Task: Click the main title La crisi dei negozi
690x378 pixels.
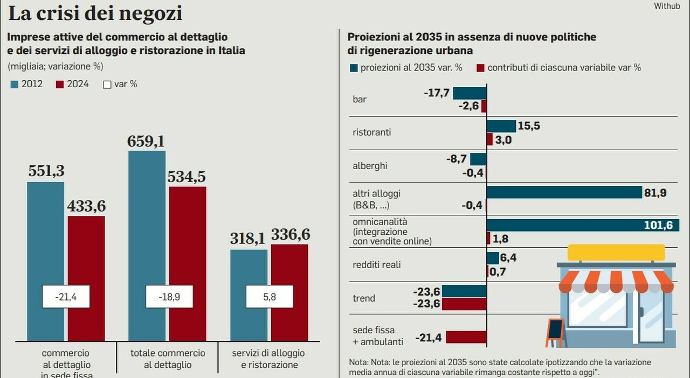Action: coord(95,13)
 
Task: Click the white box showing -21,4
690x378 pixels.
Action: coord(66,297)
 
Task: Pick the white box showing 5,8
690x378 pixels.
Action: coord(269,297)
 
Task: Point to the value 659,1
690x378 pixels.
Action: coord(146,142)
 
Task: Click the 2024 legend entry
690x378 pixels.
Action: coord(72,85)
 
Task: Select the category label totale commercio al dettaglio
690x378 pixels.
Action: coord(168,359)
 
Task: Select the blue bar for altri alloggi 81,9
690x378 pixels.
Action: coord(564,192)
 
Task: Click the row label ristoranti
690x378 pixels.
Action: coord(371,132)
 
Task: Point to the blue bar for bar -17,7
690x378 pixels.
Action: coord(469,93)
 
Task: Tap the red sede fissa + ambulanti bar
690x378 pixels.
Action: coord(466,338)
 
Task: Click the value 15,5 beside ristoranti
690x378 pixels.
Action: coord(529,126)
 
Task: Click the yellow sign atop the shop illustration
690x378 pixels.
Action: coord(616,252)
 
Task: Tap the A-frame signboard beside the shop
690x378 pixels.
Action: coord(555,332)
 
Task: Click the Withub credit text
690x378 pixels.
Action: coord(667,6)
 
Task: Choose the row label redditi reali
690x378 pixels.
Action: coord(376,265)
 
